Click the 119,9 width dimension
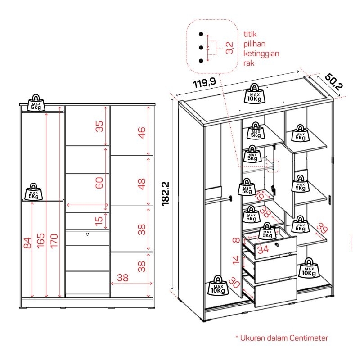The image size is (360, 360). [205, 84]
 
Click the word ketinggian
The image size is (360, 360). [261, 54]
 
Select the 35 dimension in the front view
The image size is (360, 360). [99, 126]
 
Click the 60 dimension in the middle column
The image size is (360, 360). [99, 183]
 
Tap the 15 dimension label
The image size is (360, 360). [99, 221]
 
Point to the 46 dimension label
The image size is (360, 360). [142, 133]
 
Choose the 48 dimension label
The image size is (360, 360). [142, 183]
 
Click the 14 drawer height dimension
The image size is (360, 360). [235, 259]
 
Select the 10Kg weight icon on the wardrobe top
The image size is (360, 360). [255, 94]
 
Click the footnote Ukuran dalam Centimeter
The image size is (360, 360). [282, 338]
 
